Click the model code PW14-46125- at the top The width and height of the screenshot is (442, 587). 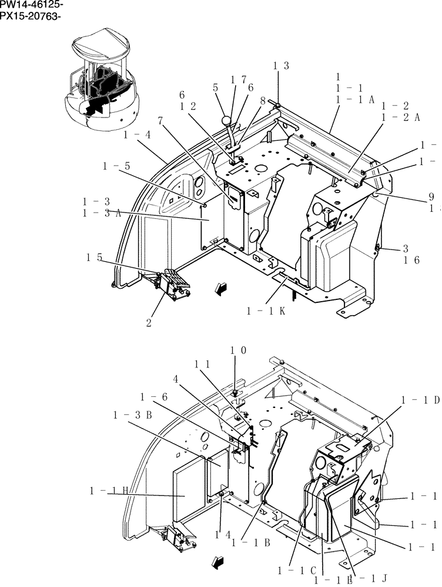tap(31, 5)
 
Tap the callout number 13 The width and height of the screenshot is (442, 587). tap(280, 66)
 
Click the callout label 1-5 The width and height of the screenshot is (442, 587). tap(116, 166)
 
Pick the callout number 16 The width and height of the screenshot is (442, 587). tap(411, 260)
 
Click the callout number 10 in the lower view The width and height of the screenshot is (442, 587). tap(237, 350)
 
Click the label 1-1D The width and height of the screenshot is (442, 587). tap(420, 400)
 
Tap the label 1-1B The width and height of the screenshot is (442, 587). tap(250, 543)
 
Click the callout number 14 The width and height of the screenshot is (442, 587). tap(221, 534)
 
